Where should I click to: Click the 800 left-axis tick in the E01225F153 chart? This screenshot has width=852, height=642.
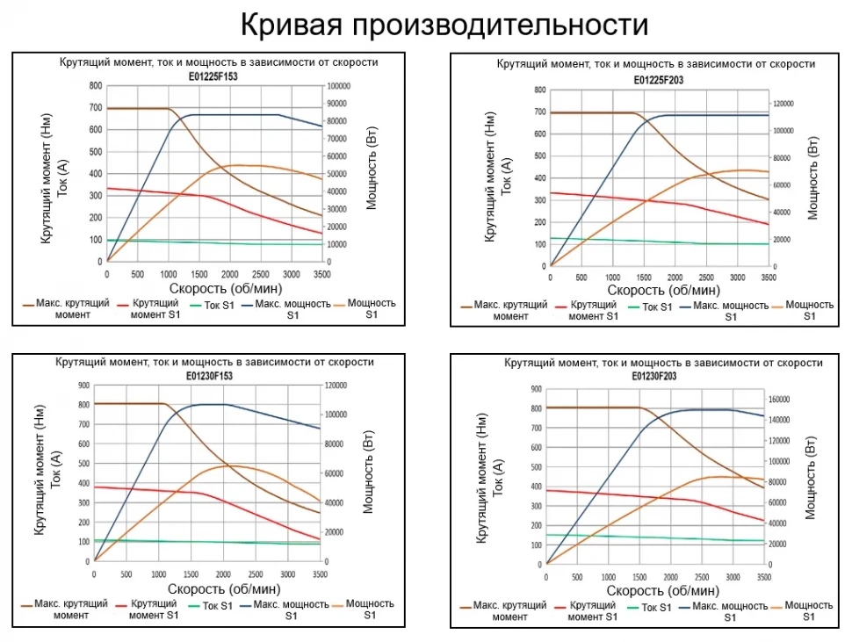tap(95, 86)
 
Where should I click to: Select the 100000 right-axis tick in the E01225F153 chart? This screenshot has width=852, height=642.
tap(338, 86)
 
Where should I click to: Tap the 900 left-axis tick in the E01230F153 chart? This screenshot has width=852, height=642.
tap(83, 386)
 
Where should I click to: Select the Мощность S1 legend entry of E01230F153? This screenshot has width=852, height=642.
tap(370, 609)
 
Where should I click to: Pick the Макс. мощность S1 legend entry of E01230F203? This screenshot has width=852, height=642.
tap(730, 611)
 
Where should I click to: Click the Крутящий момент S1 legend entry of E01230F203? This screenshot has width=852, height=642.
tap(592, 611)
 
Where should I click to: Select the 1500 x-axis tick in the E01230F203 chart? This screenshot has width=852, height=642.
tap(639, 577)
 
